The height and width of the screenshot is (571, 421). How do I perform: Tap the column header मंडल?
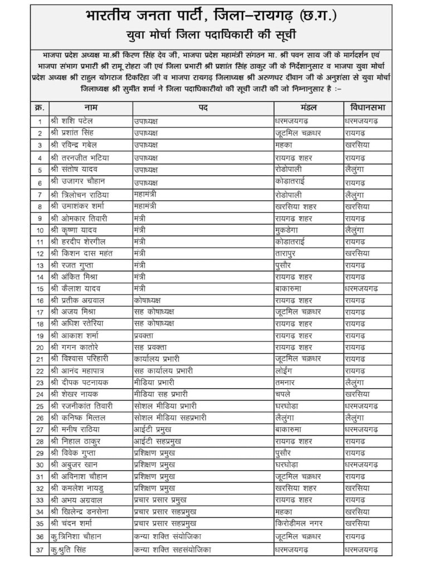click(x=308, y=107)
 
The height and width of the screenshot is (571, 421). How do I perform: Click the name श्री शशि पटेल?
click(x=73, y=120)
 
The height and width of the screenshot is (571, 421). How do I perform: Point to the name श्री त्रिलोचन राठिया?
click(x=80, y=194)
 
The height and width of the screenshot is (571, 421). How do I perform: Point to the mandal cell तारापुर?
click(x=287, y=253)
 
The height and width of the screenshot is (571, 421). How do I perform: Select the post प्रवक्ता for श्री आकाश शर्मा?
click(x=145, y=335)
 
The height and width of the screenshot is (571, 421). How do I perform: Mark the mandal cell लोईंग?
click(x=285, y=370)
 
